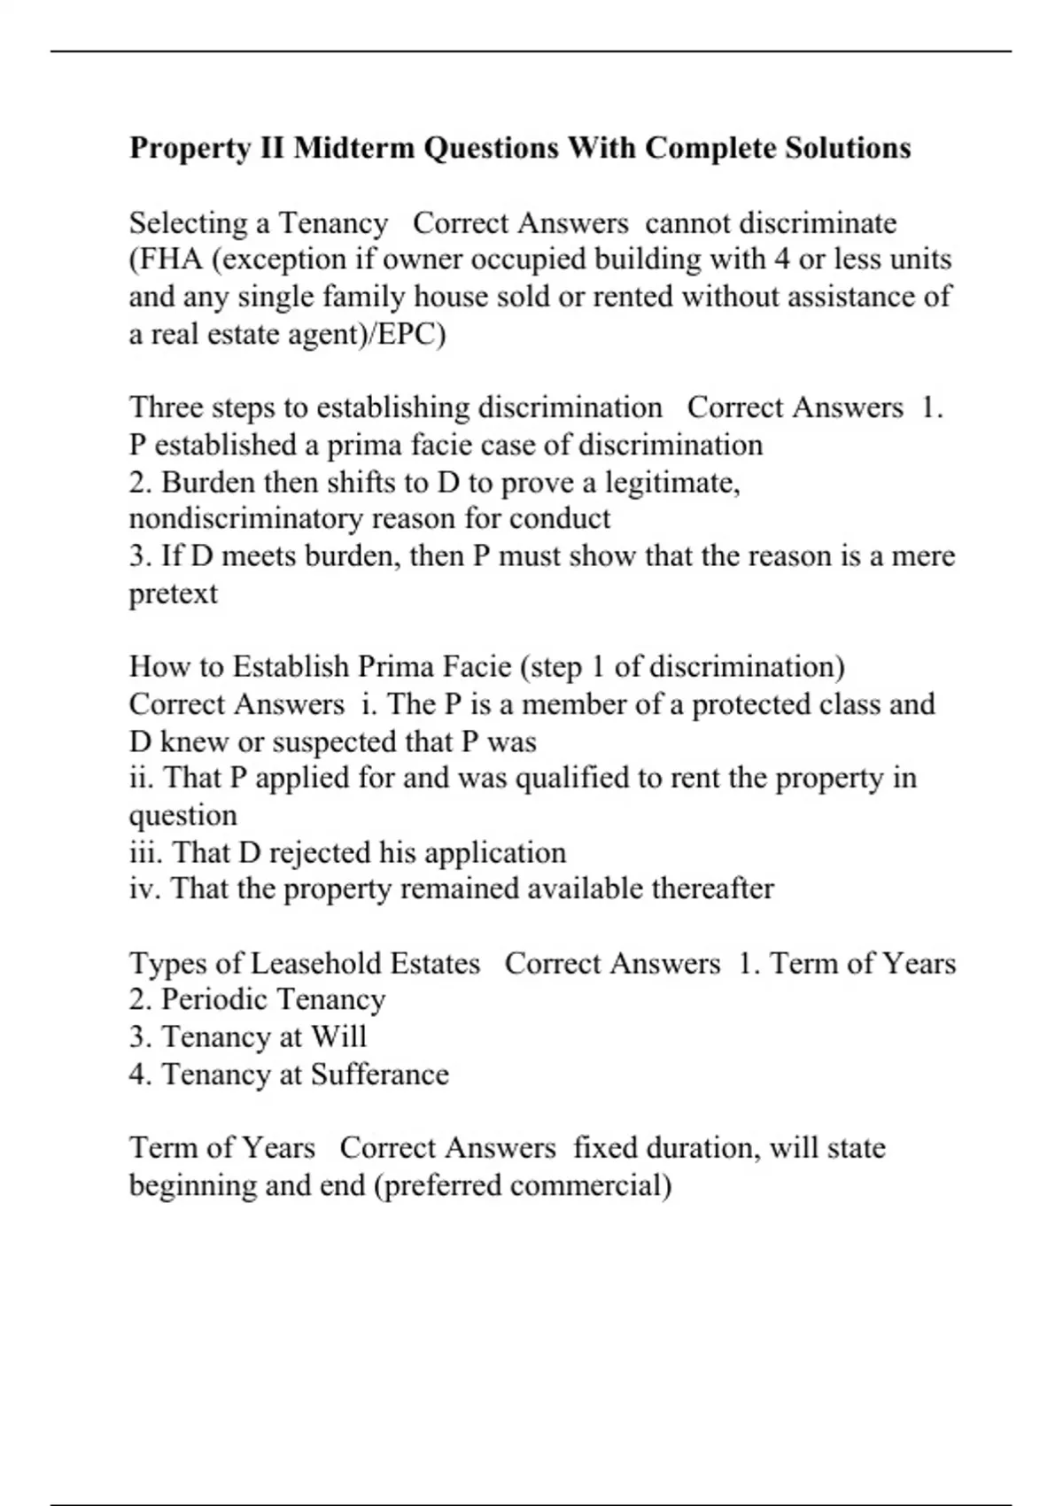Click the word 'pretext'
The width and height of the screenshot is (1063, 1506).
click(173, 594)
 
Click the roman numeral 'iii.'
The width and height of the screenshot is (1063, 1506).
click(146, 852)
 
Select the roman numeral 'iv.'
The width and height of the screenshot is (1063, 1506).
click(145, 889)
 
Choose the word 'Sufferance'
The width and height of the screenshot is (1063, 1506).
click(379, 1075)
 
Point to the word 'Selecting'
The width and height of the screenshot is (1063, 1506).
click(189, 223)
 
